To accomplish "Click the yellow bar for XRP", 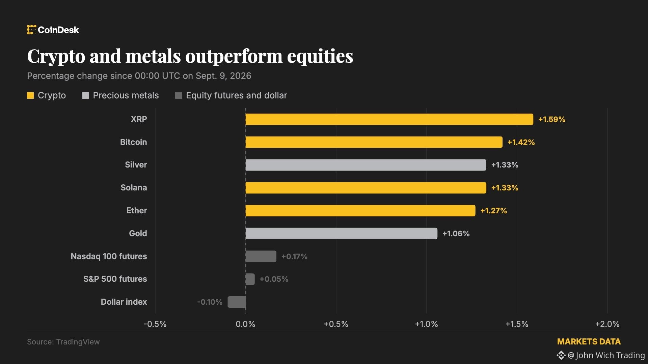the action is click(389, 119).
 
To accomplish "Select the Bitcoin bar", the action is click(374, 142).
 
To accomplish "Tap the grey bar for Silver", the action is click(366, 165).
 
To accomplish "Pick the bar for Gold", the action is click(341, 233).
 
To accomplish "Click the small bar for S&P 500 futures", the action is click(250, 279).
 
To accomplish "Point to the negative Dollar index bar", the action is click(237, 302).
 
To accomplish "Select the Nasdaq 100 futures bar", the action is click(261, 256).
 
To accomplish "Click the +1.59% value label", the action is click(551, 119).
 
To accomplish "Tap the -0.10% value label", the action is click(210, 302).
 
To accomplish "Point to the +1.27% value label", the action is click(493, 211).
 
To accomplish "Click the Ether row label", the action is click(137, 211).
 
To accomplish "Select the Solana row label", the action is click(134, 188).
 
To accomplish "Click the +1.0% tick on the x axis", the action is click(426, 324).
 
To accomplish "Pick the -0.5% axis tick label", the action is click(155, 324).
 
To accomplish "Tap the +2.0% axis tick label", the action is click(607, 324).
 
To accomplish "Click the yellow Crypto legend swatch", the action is click(30, 95).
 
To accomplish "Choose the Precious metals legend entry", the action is click(120, 95).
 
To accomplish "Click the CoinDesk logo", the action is click(53, 30).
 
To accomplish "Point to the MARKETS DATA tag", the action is click(589, 342).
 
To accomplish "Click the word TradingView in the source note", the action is click(78, 342).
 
